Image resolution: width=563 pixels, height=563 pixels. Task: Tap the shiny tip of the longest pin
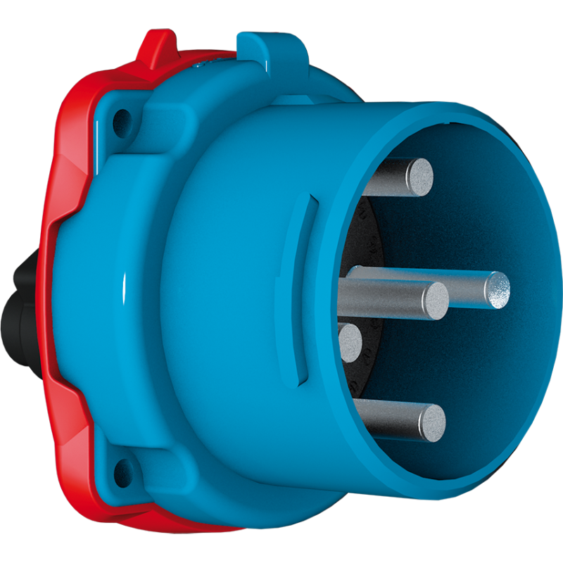coord(499,290)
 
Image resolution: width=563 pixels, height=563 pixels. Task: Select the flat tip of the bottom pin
coord(432,422)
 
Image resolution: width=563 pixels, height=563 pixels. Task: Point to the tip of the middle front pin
coord(435,301)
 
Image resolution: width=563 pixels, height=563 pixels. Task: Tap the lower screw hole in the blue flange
coord(124,467)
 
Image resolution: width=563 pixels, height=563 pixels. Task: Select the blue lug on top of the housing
coord(270,45)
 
